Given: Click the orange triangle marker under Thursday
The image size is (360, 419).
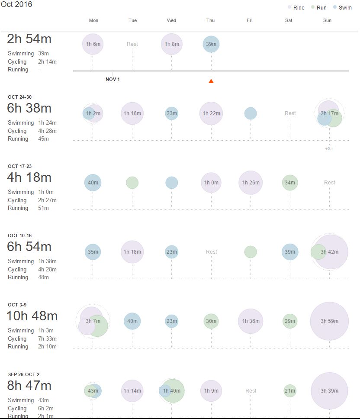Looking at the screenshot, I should click(211, 81).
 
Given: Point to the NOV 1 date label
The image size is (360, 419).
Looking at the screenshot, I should click(112, 79).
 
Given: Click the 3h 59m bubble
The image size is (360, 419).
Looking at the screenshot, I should click(329, 321).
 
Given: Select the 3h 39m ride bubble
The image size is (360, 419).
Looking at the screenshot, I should click(329, 390).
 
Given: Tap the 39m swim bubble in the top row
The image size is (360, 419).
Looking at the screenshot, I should click(211, 44).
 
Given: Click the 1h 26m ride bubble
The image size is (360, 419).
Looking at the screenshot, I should click(251, 183).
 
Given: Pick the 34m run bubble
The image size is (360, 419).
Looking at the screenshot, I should click(290, 183).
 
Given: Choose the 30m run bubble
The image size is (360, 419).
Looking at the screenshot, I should click(211, 321).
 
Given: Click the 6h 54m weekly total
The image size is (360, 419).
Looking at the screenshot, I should click(29, 247).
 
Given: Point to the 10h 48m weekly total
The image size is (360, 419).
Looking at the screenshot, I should click(32, 316).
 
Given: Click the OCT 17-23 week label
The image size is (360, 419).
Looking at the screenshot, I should click(19, 166).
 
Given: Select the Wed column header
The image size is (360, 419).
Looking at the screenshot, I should click(171, 20).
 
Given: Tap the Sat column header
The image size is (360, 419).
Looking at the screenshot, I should click(289, 20).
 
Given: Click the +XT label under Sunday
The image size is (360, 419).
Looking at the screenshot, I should click(329, 148).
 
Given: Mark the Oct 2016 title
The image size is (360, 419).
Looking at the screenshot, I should click(16, 4).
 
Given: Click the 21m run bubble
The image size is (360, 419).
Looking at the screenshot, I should click(290, 390).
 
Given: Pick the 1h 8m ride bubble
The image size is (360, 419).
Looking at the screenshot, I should click(172, 44).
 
